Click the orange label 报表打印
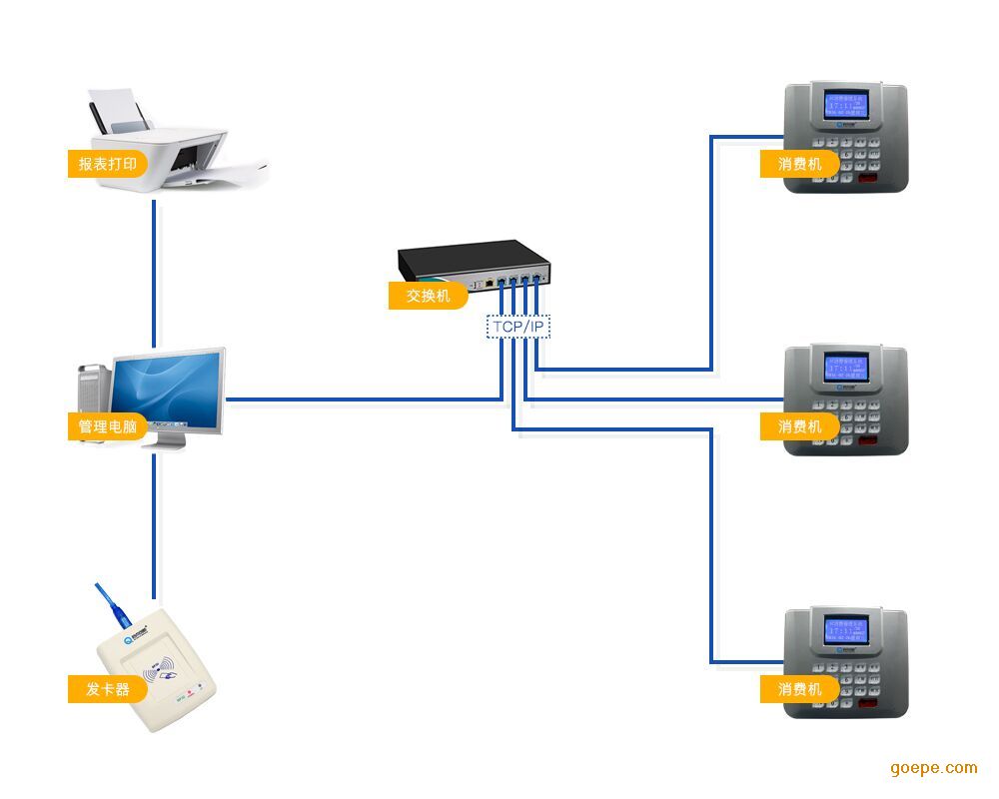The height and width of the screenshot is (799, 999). [x=106, y=163]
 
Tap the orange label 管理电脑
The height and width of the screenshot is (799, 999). [x=106, y=426]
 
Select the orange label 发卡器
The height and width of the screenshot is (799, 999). [x=105, y=689]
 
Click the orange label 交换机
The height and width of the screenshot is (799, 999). [x=427, y=296]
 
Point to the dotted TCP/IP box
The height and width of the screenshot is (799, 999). [x=518, y=327]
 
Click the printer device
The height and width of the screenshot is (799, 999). [x=175, y=145]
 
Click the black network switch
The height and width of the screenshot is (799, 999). [x=475, y=262]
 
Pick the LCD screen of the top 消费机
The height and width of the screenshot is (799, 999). [x=845, y=106]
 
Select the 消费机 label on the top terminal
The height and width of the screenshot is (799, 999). [x=799, y=163]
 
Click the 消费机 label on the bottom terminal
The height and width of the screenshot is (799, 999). [x=799, y=689]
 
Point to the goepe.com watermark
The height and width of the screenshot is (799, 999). [x=933, y=767]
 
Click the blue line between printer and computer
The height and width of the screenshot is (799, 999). [x=154, y=270]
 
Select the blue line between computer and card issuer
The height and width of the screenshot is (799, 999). [x=154, y=519]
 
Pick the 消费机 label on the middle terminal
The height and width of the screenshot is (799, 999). [x=799, y=426]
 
